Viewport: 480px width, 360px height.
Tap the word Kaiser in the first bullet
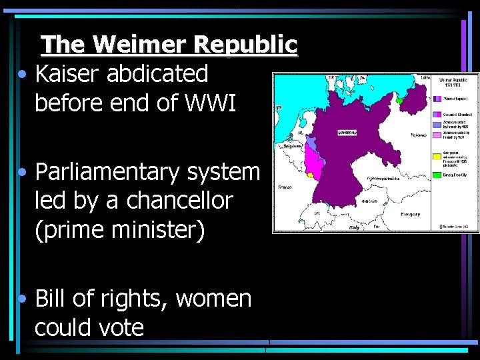pyautogui.click(x=66, y=73)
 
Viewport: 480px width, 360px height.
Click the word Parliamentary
pyautogui.click(x=109, y=172)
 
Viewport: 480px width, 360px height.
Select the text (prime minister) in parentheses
pyautogui.click(x=120, y=229)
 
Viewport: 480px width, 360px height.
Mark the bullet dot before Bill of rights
pyautogui.click(x=23, y=299)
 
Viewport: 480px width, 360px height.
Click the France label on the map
pyautogui.click(x=285, y=187)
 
